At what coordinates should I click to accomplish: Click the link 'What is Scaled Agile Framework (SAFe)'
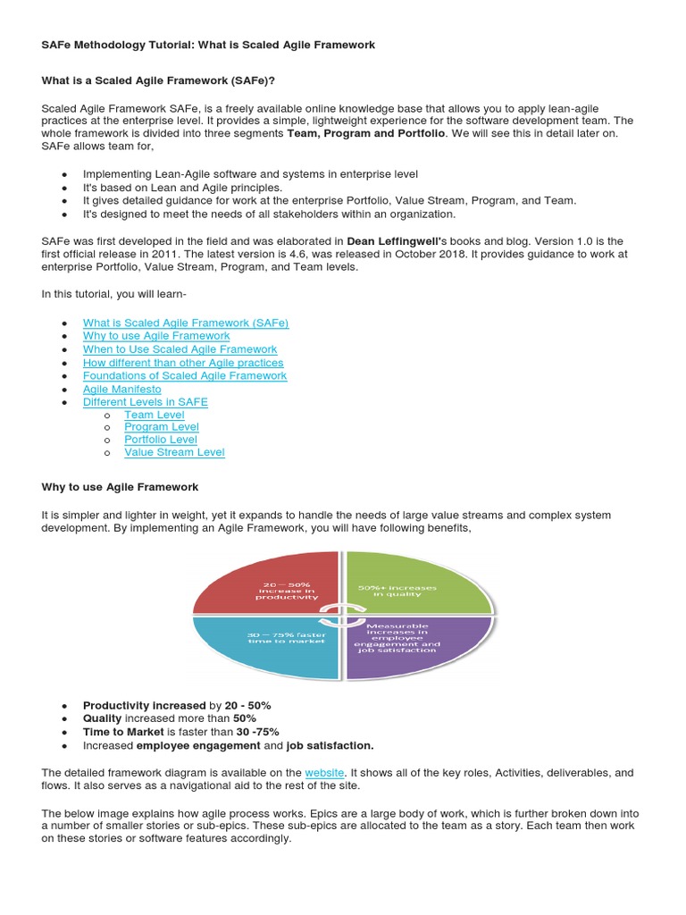(x=185, y=323)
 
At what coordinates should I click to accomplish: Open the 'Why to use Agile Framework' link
(x=155, y=336)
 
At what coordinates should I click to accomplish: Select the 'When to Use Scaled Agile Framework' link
(x=180, y=349)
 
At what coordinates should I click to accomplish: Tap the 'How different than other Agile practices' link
(x=182, y=363)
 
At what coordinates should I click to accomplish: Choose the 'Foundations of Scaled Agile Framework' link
(x=184, y=376)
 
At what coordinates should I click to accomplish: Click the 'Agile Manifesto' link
(x=121, y=390)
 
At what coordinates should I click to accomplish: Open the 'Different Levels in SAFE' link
(x=145, y=402)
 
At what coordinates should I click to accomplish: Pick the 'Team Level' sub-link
(x=154, y=415)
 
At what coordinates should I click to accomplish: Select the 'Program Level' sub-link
(x=161, y=427)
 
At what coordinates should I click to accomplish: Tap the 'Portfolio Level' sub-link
(x=160, y=440)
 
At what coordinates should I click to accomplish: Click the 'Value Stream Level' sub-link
(x=174, y=452)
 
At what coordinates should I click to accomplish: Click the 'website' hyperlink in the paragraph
(x=324, y=772)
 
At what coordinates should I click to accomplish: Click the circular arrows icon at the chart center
(x=342, y=616)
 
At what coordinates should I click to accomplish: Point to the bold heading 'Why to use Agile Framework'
(x=120, y=487)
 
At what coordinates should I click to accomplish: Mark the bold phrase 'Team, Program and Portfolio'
(x=366, y=133)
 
